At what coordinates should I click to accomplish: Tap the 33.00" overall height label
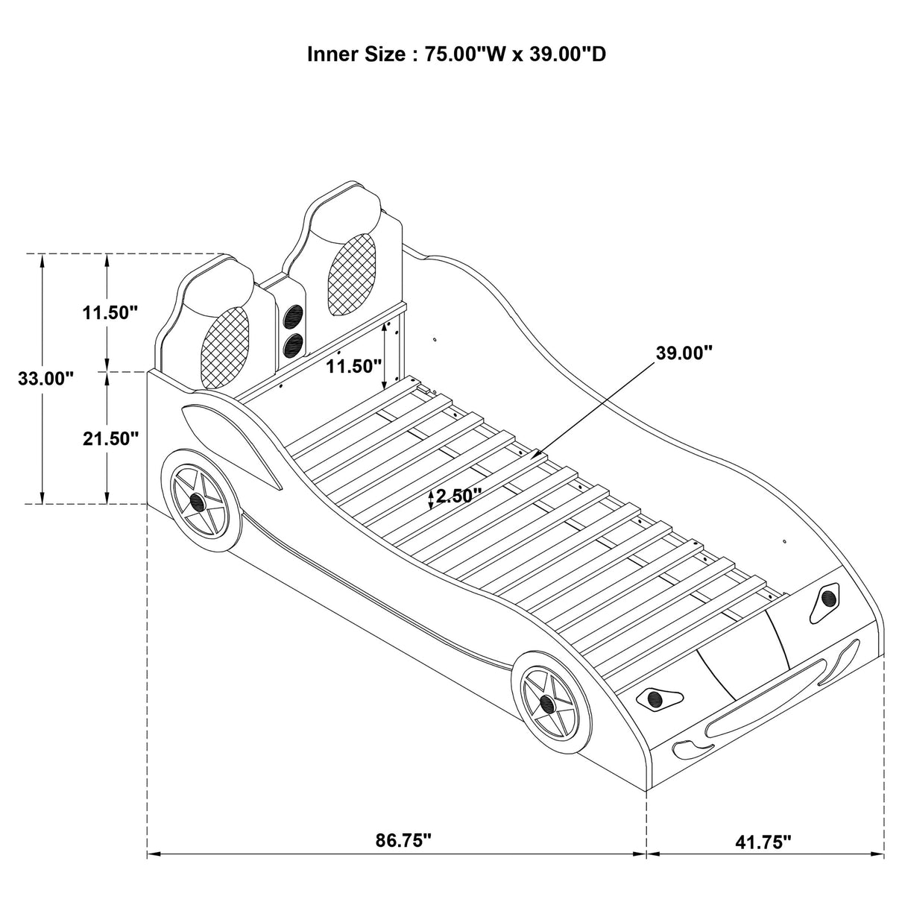click(46, 378)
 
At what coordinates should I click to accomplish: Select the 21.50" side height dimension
click(111, 438)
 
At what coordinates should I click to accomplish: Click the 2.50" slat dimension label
click(458, 496)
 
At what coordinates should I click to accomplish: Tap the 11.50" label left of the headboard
click(111, 312)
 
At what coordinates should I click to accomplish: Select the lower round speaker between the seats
click(294, 344)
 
